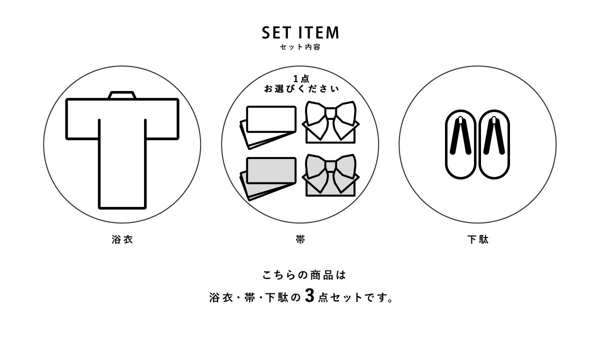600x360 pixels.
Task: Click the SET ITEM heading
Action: (x=300, y=32)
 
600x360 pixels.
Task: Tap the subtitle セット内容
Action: (x=300, y=47)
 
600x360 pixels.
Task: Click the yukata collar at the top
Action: (x=122, y=95)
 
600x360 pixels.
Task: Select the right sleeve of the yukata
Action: (x=162, y=119)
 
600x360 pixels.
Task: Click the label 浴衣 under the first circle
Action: (x=122, y=239)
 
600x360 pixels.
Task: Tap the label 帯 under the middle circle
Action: (x=300, y=239)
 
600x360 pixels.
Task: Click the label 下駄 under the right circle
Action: (x=478, y=239)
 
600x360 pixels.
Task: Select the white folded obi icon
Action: (x=268, y=127)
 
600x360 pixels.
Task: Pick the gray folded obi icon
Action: (x=268, y=178)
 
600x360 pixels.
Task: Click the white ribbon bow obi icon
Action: (x=331, y=122)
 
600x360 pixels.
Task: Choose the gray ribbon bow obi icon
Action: (x=331, y=175)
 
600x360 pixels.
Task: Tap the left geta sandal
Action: (x=460, y=144)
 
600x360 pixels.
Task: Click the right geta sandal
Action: (x=494, y=144)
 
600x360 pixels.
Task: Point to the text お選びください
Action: (x=301, y=88)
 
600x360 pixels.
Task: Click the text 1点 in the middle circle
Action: (x=301, y=79)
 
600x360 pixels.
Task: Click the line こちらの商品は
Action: (x=304, y=275)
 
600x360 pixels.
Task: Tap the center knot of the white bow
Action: (x=331, y=113)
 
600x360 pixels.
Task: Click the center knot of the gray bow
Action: (x=331, y=166)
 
